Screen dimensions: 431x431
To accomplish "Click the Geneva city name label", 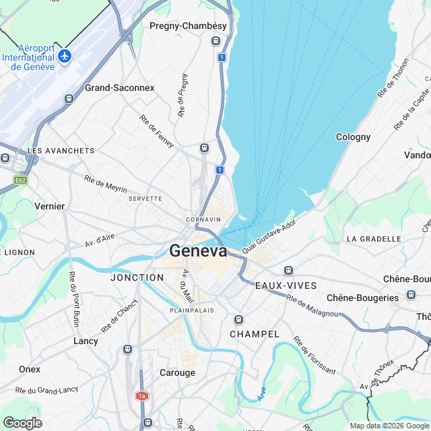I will pos(199,251).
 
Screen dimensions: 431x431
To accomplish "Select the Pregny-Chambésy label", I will pos(189,27).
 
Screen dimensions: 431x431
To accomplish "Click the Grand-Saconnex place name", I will pos(119,88).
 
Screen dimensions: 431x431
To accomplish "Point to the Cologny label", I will pos(354,137).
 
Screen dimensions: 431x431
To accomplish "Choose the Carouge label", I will pos(177,372).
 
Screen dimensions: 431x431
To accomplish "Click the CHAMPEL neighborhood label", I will pos(255,334).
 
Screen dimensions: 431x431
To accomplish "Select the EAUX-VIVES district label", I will pos(286,286).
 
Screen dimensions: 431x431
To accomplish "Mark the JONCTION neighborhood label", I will pos(137,277).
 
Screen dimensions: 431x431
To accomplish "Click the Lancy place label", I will pos(86,341).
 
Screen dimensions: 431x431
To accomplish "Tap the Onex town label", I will pos(30,369).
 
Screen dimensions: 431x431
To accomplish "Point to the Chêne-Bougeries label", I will pos(362,298).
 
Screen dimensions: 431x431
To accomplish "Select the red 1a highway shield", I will pos(141,396).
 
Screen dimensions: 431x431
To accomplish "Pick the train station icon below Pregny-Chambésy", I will pos(215,41).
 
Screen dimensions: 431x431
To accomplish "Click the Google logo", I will pos(22,422).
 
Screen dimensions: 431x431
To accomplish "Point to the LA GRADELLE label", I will pos(370,239).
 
